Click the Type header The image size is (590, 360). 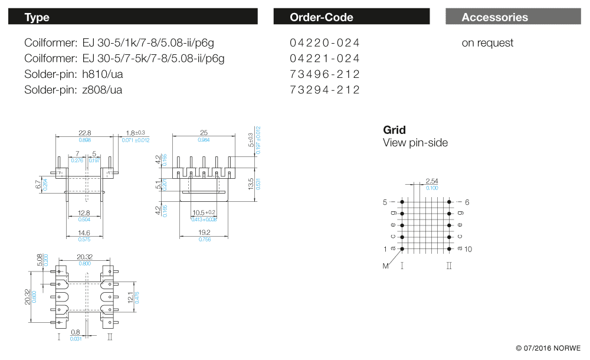point(37,17)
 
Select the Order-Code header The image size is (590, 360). point(322,17)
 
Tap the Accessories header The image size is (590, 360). point(494,17)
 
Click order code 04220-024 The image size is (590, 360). point(324,43)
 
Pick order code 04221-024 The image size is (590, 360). point(324,58)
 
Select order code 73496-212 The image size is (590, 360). point(324,74)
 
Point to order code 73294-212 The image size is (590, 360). point(324,90)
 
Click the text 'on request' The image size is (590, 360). point(487,43)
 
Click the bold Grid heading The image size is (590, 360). point(394,130)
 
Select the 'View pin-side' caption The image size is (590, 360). point(415,143)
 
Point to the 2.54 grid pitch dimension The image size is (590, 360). point(432,181)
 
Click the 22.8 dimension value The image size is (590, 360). point(85,133)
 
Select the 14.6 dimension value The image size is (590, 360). point(85,233)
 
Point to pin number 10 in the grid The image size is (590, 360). point(468,249)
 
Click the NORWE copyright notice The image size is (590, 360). point(548,348)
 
